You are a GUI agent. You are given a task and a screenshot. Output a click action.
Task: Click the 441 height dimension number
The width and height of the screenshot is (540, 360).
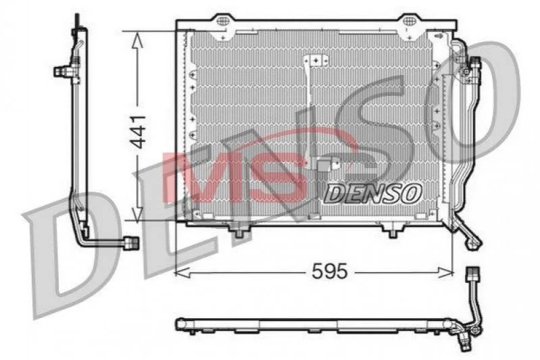(139, 132)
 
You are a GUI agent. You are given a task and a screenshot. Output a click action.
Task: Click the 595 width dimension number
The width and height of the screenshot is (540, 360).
(330, 272)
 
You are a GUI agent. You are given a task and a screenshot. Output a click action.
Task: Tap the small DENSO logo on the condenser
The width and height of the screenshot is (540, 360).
(372, 193)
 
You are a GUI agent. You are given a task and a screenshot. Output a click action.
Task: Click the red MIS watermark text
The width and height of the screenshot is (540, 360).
(235, 177)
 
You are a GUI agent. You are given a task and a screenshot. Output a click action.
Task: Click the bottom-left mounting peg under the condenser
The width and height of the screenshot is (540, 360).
(239, 231)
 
